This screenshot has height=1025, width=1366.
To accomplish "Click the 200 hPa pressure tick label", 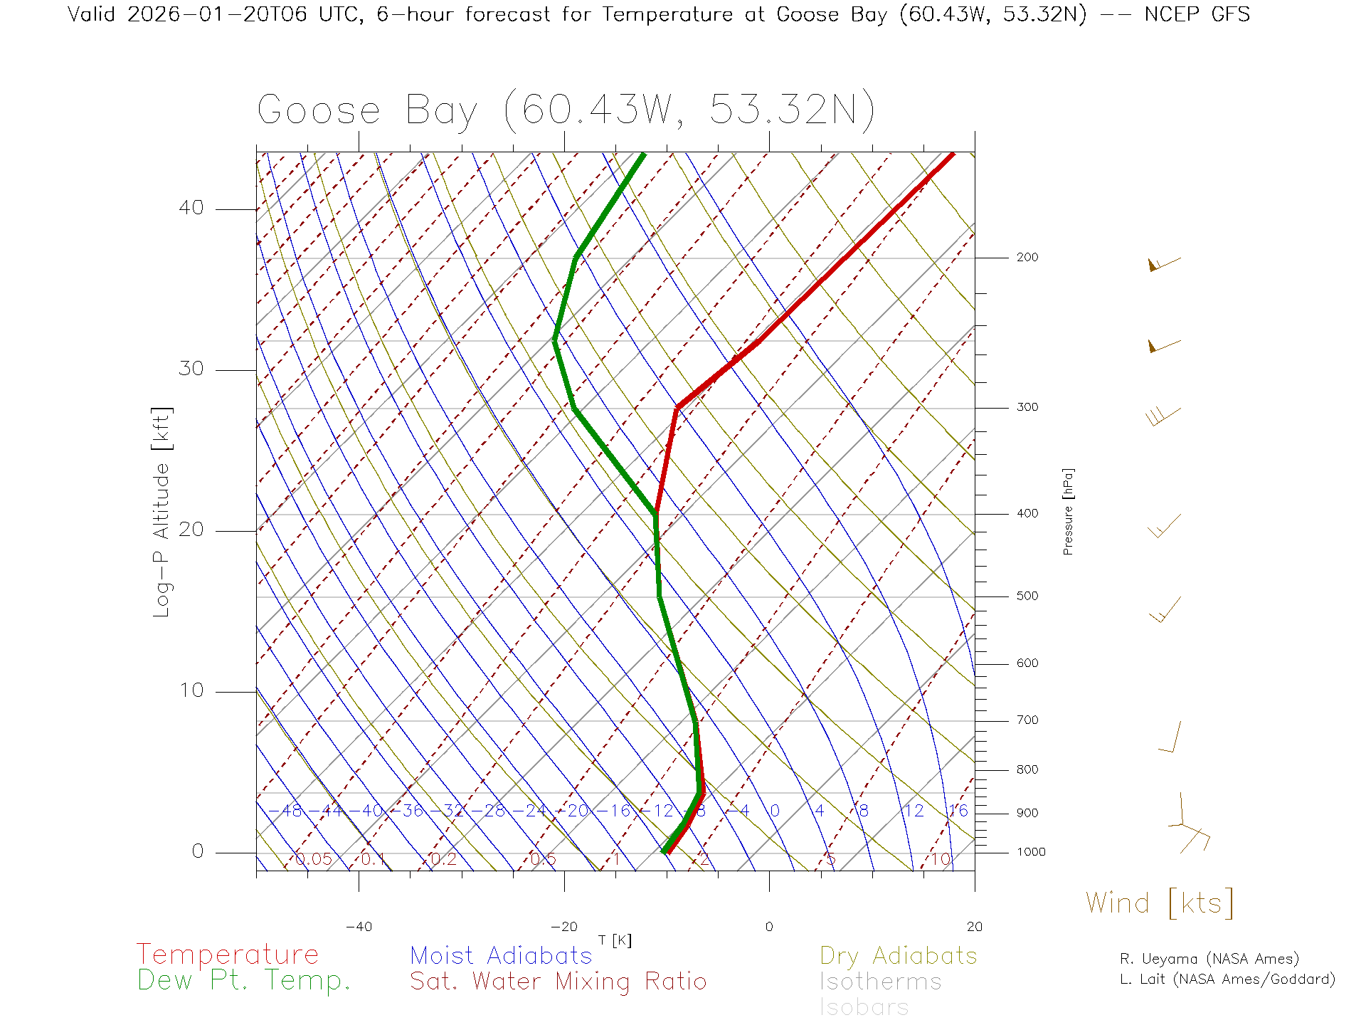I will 1027,258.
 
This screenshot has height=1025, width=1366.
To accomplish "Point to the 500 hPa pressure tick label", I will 1027,596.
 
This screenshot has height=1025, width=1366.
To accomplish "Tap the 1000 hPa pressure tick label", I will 1031,853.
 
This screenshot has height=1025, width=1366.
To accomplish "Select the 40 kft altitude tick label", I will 191,208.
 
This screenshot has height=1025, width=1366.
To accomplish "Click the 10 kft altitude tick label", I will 191,690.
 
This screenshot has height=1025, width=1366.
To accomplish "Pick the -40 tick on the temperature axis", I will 359,927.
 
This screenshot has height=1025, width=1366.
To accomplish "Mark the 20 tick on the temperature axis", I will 974,927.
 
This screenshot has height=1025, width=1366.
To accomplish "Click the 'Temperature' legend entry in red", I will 228,955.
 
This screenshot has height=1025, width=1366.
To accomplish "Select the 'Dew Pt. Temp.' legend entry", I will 244,981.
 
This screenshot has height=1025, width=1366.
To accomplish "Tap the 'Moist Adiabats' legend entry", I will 502,956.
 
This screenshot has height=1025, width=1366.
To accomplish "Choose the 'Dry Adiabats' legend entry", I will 899,956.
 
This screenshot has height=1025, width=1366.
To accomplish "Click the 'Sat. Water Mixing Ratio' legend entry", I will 558,982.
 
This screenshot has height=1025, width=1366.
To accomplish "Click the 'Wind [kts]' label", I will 1160,903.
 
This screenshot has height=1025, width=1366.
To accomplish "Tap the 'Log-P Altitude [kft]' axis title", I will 162,512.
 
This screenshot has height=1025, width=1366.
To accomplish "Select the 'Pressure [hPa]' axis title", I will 1068,512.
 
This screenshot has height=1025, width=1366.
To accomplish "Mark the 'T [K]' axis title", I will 615,941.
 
